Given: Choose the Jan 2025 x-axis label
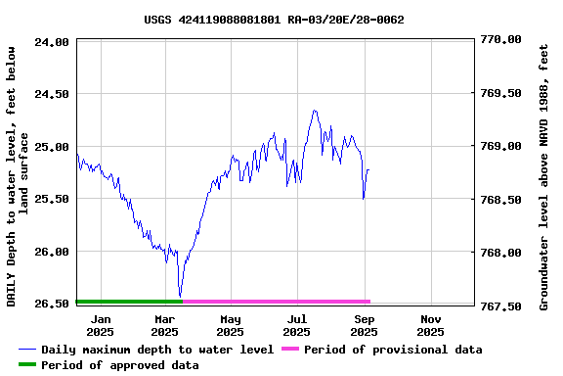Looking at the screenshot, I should (101, 325).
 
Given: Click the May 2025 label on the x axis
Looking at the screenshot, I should (231, 325).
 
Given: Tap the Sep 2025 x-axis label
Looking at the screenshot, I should (364, 325).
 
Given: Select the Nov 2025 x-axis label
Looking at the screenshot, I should (430, 325).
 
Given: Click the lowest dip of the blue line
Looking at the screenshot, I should (180, 296).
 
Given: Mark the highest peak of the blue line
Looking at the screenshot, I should (315, 110).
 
